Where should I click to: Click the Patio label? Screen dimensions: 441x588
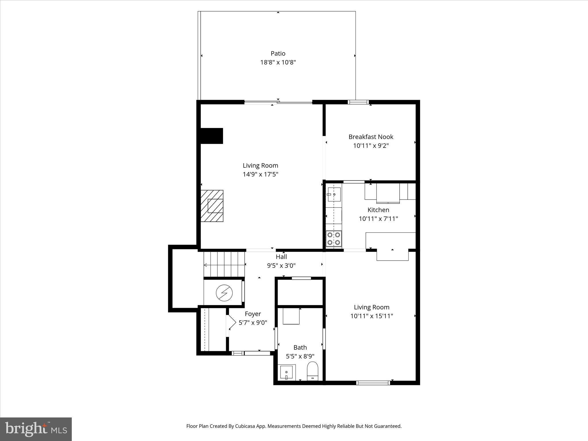point(278,53)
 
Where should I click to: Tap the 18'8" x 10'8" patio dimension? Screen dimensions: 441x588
point(278,62)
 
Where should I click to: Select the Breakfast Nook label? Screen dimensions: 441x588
point(371,137)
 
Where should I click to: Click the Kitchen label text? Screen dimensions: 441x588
point(378,210)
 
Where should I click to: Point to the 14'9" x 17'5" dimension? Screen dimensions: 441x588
point(260,174)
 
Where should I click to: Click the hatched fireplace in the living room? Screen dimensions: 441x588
point(212,206)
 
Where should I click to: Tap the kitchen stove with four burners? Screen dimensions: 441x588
point(334,239)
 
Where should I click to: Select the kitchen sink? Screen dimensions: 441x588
point(334,194)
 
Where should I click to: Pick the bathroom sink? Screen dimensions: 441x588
point(286,372)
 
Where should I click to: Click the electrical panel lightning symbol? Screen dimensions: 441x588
point(224,293)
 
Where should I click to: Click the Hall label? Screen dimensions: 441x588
point(281,257)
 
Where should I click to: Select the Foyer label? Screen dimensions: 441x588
point(253,314)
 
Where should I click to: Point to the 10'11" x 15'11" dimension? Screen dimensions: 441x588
point(372,316)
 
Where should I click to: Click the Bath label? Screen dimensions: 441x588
point(300,347)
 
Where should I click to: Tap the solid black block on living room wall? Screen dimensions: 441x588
point(212,136)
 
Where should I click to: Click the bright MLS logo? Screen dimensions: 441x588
point(36,429)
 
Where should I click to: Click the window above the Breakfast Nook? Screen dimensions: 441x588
point(358,102)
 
